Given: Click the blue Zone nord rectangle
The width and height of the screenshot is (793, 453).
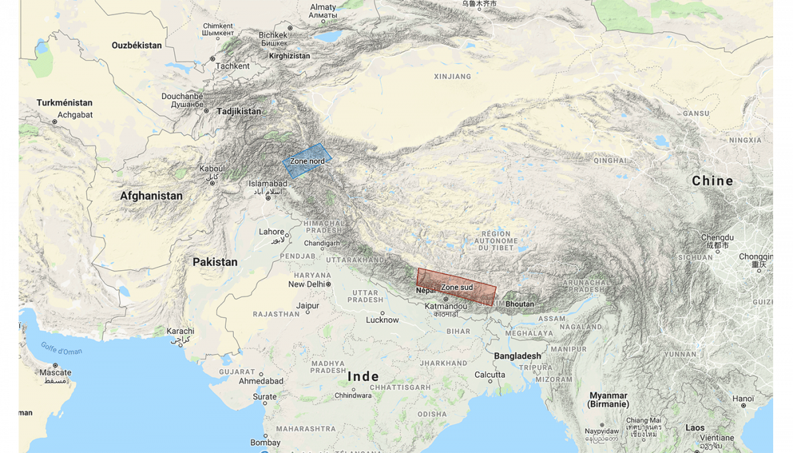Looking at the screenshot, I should point(307,161).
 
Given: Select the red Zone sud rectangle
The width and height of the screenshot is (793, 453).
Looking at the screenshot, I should point(456,287).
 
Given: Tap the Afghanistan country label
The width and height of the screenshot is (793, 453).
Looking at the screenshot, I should point(151,196).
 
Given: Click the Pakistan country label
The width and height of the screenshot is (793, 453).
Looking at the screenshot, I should point(215,262).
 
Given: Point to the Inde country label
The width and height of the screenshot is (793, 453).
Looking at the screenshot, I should point(363,377).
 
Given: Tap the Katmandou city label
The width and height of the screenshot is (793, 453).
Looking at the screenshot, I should point(445,306).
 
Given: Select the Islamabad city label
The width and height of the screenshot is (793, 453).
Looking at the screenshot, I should point(268,184).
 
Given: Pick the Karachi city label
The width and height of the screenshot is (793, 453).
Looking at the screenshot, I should point(180,331).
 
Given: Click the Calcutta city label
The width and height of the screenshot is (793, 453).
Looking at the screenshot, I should point(490,375).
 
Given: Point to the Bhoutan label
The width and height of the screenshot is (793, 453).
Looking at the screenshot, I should point(519,304).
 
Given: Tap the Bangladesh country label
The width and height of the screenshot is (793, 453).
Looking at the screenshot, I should point(517,356).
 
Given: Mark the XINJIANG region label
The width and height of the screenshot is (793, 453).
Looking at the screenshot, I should point(453,77).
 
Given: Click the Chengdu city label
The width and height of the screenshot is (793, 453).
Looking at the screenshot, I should point(718,237).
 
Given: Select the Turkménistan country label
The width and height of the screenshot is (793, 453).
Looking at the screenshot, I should point(65,103).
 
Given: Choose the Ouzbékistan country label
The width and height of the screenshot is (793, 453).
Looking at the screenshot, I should point(137,46).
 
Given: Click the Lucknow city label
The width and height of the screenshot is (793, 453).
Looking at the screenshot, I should point(383,320).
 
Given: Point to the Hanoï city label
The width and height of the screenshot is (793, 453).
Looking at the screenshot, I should point(743,399).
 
